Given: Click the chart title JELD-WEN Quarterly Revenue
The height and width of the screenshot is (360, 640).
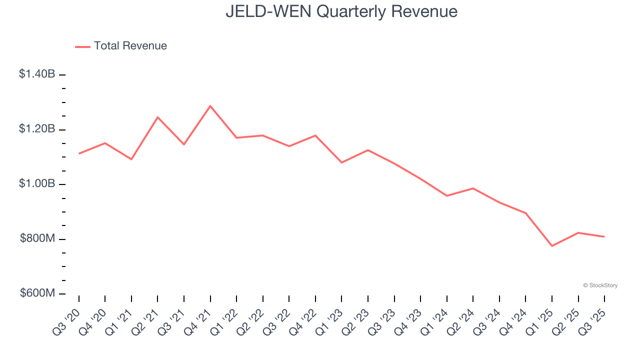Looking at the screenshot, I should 341,11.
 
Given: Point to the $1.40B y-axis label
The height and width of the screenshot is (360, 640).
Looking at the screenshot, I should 37,74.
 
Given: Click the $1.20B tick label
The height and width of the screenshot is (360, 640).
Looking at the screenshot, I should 37,129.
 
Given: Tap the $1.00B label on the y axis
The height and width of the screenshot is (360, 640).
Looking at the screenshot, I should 37,183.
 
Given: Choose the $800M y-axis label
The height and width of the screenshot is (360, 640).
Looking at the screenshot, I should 37,238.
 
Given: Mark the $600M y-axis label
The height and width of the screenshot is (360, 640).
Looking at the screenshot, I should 37,293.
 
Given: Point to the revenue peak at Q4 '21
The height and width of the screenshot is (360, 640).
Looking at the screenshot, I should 210,106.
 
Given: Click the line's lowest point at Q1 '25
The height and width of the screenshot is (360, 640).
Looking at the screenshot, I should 552,246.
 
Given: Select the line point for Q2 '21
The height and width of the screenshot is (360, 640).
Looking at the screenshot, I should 157,117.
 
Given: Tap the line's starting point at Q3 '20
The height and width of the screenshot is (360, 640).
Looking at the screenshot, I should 79,153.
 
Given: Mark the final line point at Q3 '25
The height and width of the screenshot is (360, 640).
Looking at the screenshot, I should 604,236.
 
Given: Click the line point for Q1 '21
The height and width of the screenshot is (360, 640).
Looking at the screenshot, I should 131,159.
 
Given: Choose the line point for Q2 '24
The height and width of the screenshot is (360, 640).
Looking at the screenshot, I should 473,188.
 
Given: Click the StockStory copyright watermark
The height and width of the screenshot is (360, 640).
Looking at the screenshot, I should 600,285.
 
